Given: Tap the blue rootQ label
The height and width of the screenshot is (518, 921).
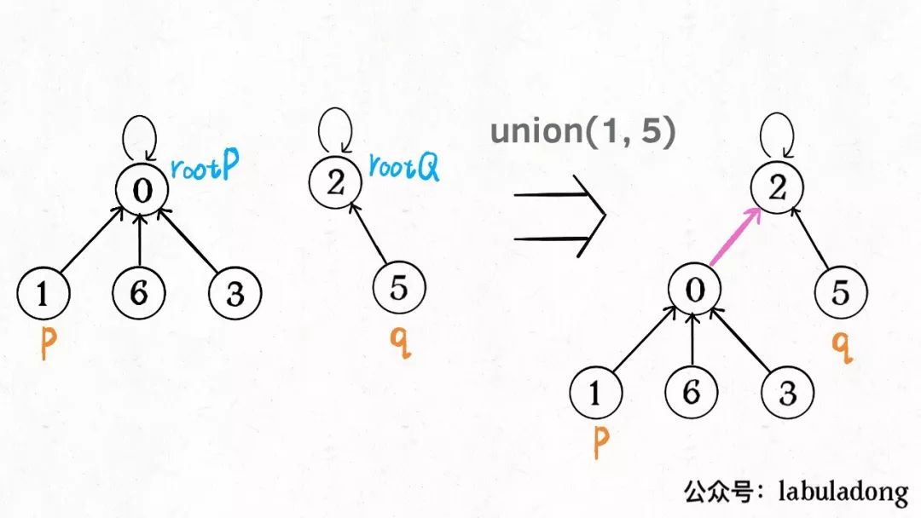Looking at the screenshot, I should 404,167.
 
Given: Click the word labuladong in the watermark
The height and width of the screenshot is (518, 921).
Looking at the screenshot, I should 844,492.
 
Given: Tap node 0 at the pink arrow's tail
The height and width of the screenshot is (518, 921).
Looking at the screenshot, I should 695,291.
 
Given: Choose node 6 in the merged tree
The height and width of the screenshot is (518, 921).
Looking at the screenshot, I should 692,393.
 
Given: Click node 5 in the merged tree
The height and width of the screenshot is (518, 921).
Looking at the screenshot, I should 840,293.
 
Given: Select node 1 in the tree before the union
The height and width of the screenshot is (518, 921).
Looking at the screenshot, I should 43,293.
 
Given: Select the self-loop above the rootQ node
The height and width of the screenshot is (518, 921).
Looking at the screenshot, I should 333,130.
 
